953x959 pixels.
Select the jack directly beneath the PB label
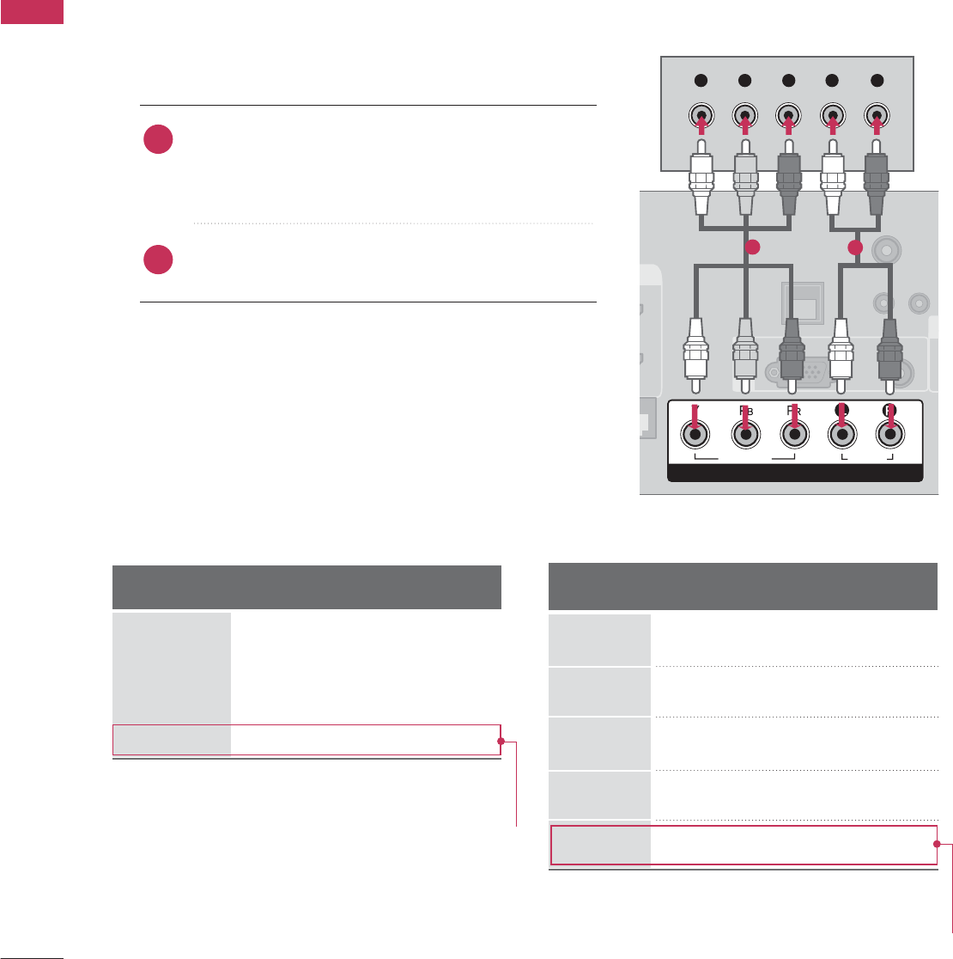[745, 437]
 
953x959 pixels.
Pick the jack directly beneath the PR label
[795, 437]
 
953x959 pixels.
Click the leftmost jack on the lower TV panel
[695, 437]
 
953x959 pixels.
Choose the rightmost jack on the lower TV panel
[891, 437]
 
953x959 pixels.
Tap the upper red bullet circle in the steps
[159, 140]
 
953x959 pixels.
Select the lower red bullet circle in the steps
[159, 260]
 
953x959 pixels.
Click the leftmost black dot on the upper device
[701, 81]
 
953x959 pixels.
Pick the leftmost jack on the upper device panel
[701, 116]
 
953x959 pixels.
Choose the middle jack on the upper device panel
[789, 116]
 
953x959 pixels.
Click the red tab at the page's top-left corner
[32, 11]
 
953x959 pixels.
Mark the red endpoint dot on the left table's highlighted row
[499, 741]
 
